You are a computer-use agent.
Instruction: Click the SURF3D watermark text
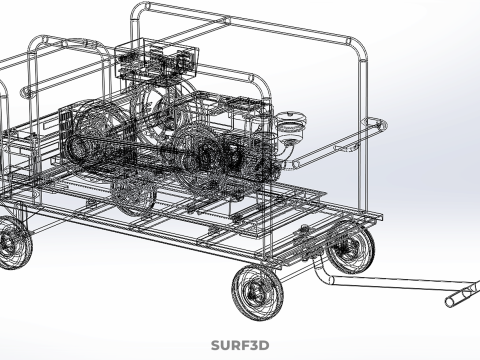[x=240, y=346]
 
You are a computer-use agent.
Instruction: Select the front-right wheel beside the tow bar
[x=352, y=247]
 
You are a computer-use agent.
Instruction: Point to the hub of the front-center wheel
[x=254, y=292]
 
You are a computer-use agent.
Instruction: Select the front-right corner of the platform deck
[x=377, y=216]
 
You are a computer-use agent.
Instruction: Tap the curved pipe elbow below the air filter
[x=287, y=148]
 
